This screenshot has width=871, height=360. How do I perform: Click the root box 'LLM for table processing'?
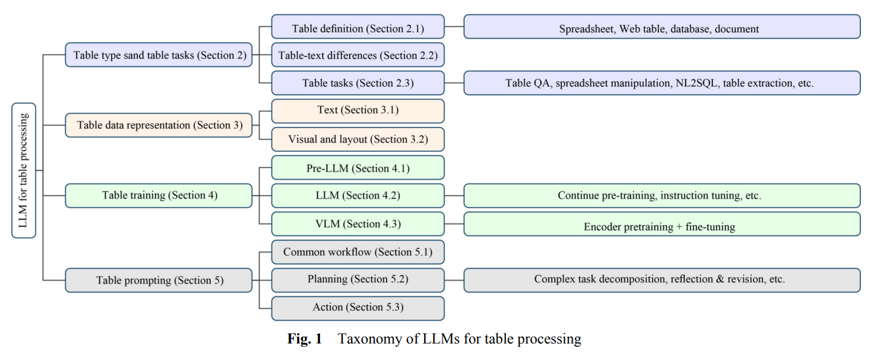pyautogui.click(x=23, y=170)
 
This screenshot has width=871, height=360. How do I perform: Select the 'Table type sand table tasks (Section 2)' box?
pyautogui.click(x=159, y=55)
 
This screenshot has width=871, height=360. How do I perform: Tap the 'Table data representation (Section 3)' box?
pyautogui.click(x=159, y=125)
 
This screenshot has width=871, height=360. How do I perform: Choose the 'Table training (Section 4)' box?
pyautogui.click(x=159, y=196)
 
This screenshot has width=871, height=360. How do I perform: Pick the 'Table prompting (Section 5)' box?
pyautogui.click(x=159, y=280)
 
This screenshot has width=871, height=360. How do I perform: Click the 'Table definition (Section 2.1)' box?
pyautogui.click(x=357, y=28)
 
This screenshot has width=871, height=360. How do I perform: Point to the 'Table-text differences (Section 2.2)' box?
pyautogui.click(x=357, y=55)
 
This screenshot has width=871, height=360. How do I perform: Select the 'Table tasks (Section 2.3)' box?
pyautogui.click(x=357, y=83)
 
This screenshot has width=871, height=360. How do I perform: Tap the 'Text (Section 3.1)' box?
pyautogui.click(x=357, y=110)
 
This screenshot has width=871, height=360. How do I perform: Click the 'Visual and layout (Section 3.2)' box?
pyautogui.click(x=357, y=139)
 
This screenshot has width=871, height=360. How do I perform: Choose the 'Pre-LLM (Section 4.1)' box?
pyautogui.click(x=357, y=168)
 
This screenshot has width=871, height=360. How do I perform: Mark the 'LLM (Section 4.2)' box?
pyautogui.click(x=357, y=196)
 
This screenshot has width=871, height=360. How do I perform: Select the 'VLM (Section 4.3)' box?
pyautogui.click(x=357, y=223)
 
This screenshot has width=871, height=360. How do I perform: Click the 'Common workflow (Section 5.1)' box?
pyautogui.click(x=357, y=252)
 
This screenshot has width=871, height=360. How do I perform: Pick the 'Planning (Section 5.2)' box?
pyautogui.click(x=357, y=279)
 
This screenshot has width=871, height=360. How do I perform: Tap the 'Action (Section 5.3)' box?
pyautogui.click(x=357, y=308)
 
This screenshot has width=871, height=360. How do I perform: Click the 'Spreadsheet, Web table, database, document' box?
pyautogui.click(x=662, y=29)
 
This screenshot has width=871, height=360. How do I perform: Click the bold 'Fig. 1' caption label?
pyautogui.click(x=305, y=339)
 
